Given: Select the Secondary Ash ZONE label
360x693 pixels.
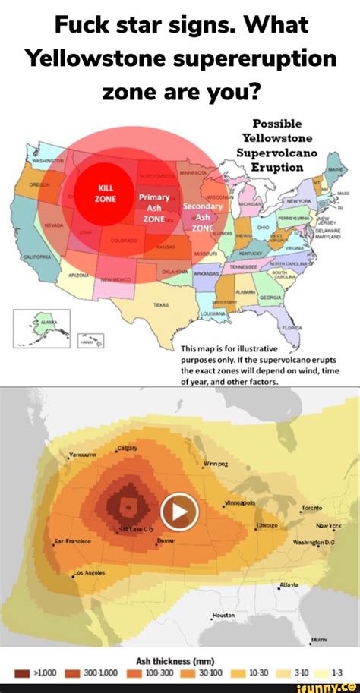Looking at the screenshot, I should [202, 216].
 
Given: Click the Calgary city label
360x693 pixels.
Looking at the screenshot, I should [127, 448].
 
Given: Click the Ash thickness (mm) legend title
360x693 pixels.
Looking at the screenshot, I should [179, 658].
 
